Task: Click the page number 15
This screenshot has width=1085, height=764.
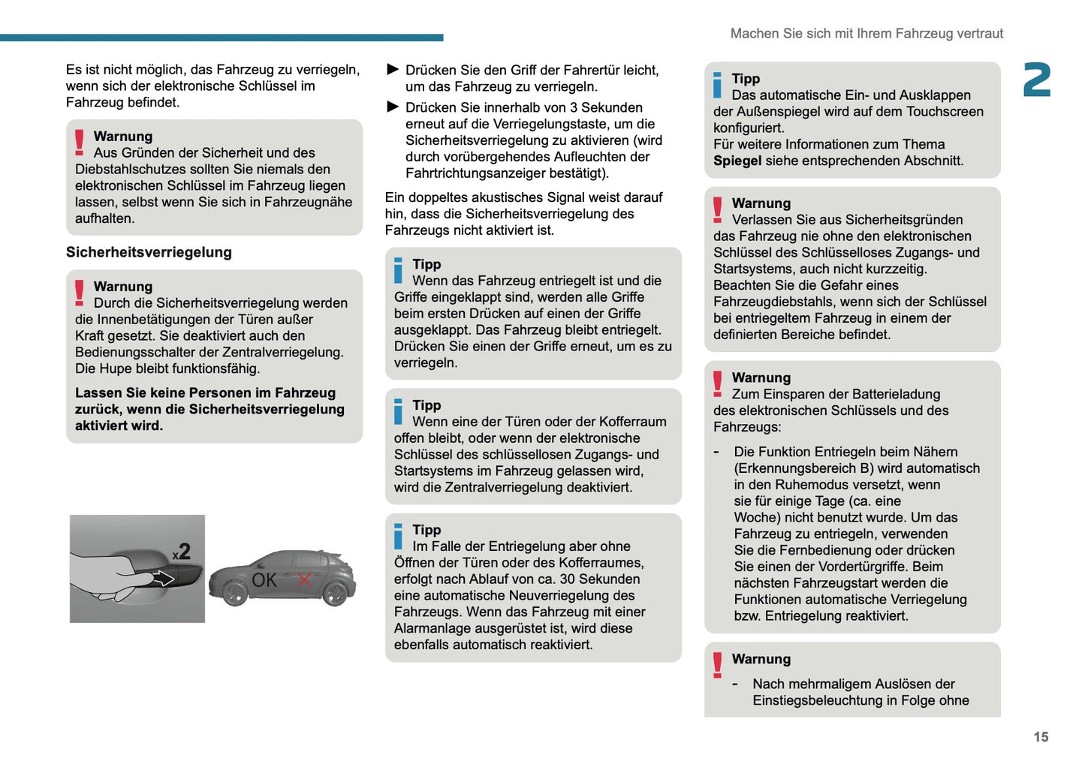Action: pos(1040,737)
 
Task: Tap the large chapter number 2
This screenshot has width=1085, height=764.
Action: pos(1037,80)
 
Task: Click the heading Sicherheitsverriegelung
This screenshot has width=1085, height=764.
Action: pos(149,252)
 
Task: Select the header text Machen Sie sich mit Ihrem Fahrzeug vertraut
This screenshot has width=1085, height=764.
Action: pos(866,34)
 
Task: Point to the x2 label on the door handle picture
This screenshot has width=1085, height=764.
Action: pos(182,552)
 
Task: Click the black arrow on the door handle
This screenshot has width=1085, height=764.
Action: pos(163,578)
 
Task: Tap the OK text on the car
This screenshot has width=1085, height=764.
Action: pos(264,580)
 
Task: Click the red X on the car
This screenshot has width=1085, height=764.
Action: pos(304,579)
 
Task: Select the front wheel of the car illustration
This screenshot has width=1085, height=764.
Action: pos(236,594)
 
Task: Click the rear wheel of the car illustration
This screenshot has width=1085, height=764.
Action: pos(335,594)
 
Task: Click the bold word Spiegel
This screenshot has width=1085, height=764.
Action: pos(737,161)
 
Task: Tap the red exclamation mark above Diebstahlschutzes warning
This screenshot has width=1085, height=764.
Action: pos(80,142)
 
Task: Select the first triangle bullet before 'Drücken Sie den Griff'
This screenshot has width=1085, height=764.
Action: pos(392,70)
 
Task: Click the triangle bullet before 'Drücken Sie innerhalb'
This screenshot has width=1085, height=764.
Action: pos(392,107)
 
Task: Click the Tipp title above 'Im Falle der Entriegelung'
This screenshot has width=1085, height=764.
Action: pos(426,530)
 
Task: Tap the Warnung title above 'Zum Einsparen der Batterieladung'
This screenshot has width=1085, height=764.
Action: pos(761,377)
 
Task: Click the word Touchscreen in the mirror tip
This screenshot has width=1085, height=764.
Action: pos(945,112)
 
